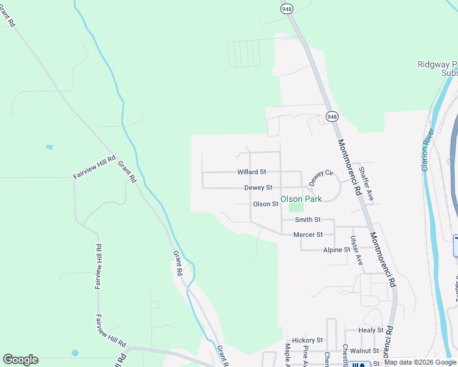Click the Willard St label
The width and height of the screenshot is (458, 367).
[x=252, y=172]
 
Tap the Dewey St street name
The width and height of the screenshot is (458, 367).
[x=258, y=188]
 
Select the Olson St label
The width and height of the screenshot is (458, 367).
[x=266, y=204]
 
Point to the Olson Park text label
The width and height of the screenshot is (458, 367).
[x=301, y=199]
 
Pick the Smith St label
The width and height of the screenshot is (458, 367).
[x=307, y=220]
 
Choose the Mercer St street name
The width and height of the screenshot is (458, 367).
[x=308, y=234]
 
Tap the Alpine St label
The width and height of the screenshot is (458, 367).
[x=337, y=250]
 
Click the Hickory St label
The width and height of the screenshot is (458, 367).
[x=307, y=340]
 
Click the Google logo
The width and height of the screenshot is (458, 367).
[x=20, y=360]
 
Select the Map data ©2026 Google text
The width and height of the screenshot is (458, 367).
[x=421, y=363]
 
